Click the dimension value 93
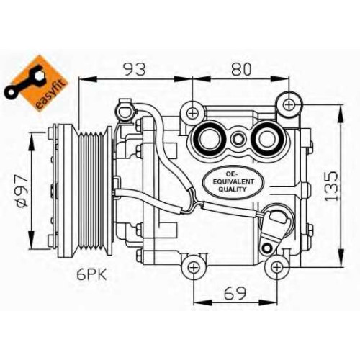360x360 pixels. (135, 69)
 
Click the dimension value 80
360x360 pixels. (241, 69)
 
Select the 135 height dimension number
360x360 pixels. (331, 186)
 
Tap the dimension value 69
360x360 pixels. (235, 293)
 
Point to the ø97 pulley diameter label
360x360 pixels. (23, 190)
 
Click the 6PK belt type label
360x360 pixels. (91, 274)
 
